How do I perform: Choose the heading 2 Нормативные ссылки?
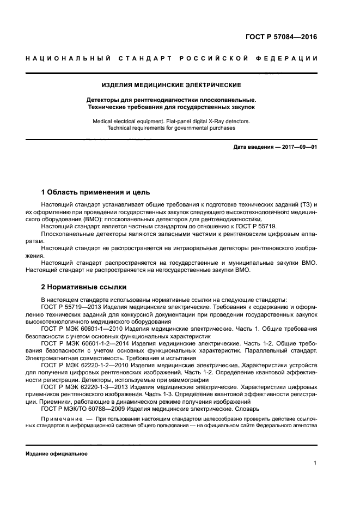point(84,286)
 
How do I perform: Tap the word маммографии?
point(180,378)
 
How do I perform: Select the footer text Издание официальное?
point(57,453)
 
